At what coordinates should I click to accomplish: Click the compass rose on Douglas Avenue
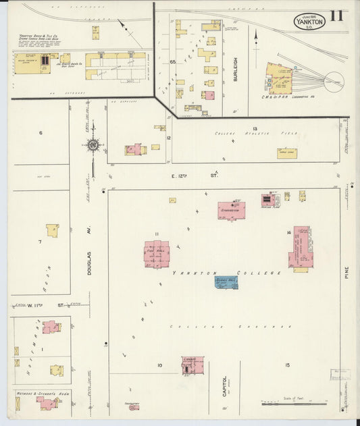(93, 144)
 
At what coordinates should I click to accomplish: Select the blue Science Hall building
(226, 282)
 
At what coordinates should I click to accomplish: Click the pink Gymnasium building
(231, 210)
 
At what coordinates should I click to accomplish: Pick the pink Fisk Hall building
(156, 254)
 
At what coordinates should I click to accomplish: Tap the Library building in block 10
(192, 365)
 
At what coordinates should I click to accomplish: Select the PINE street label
(348, 272)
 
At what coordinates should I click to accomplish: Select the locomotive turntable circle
(332, 82)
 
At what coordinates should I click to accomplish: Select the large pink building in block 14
(301, 246)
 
